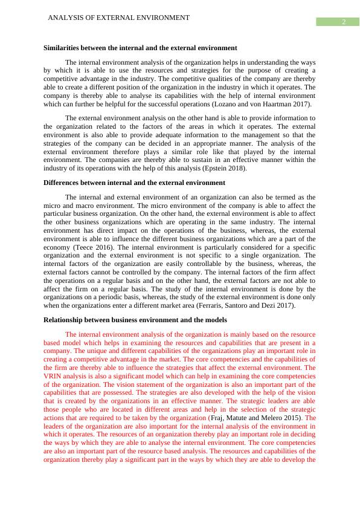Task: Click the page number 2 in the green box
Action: coord(343,22)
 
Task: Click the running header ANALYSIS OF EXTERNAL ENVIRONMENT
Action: coord(118,18)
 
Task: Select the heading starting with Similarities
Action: coord(140,47)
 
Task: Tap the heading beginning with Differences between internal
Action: coord(134,182)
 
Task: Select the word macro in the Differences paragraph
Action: coord(81,206)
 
